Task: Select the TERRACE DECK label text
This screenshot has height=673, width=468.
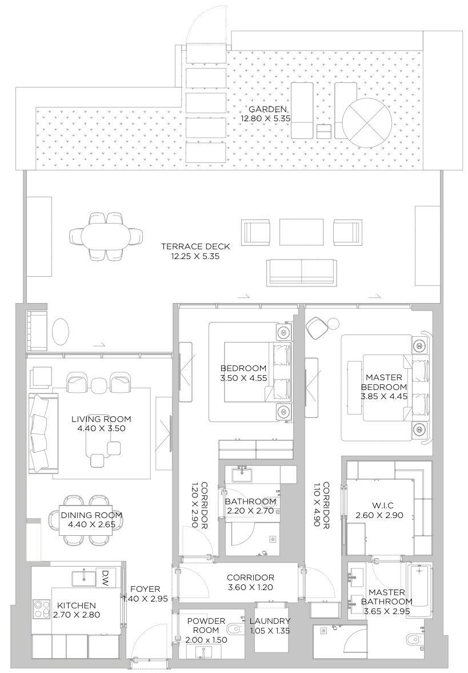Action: (195, 246)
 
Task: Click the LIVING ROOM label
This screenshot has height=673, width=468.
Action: (98, 419)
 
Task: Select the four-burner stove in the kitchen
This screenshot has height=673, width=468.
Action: (42, 609)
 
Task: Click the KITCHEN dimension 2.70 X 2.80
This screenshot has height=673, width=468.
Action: (76, 615)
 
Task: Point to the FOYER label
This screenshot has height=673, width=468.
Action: (145, 589)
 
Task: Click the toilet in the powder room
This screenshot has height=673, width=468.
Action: (234, 630)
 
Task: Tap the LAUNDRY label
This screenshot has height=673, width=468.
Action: (270, 621)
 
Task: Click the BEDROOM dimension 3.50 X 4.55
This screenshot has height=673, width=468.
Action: (243, 377)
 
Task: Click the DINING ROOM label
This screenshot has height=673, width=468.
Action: (91, 515)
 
